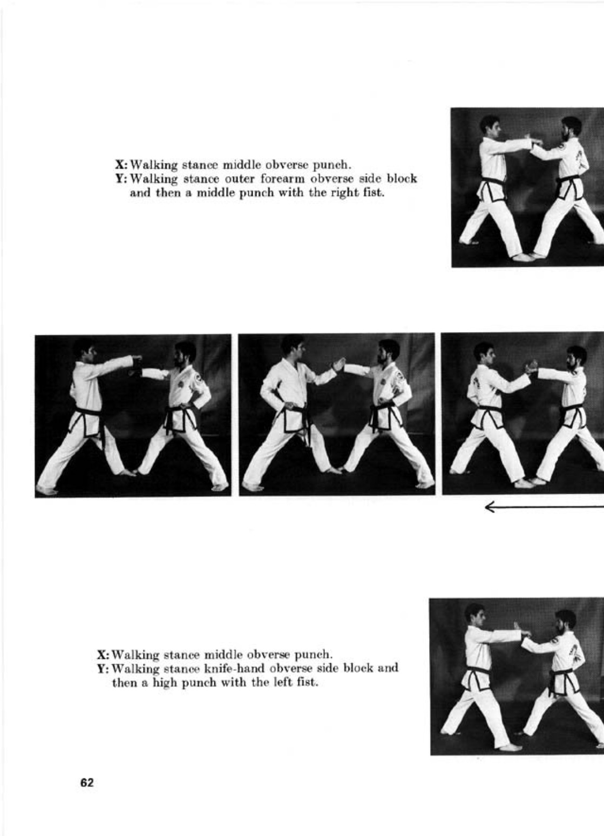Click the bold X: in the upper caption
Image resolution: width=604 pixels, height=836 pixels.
122,164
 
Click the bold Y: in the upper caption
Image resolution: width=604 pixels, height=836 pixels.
122,179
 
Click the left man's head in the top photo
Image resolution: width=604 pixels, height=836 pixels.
490,126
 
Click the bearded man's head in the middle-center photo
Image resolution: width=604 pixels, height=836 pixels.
389,353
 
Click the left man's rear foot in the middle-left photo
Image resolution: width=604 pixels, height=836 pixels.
46,489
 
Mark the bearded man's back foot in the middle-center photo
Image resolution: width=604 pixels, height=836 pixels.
424,485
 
